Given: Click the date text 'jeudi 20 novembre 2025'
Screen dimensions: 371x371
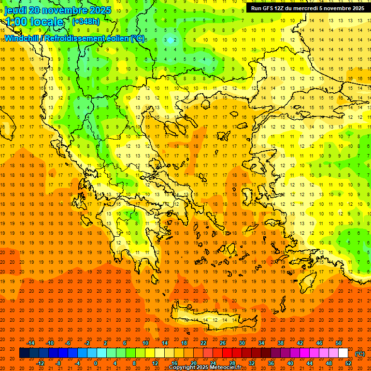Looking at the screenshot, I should click(x=57, y=10).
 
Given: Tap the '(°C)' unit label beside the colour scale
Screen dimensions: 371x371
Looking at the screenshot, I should click(x=359, y=353).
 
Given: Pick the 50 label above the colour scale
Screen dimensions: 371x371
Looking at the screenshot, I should click(x=338, y=343).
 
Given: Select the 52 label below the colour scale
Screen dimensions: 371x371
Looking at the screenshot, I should click(x=348, y=363).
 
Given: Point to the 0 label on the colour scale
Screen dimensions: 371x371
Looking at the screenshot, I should click(x=96, y=363).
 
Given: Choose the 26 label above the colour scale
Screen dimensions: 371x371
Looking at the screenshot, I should click(x=223, y=343).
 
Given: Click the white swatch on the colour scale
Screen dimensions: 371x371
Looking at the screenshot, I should click(x=343, y=353).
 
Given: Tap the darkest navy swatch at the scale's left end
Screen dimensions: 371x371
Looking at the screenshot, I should click(x=24, y=353).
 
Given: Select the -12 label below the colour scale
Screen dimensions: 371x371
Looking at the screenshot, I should click(x=40, y=363).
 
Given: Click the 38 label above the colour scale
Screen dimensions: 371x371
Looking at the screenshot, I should click(x=280, y=343).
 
